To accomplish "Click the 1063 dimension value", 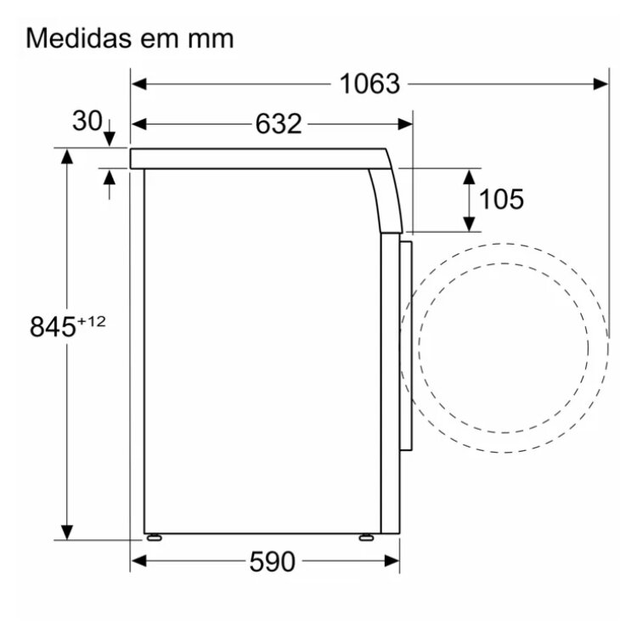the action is (369, 84).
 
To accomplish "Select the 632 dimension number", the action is (279, 124).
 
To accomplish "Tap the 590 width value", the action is (272, 562).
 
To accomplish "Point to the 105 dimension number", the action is (501, 200).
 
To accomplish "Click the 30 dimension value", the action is (87, 121).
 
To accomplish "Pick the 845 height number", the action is (53, 327).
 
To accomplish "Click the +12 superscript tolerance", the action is (92, 321).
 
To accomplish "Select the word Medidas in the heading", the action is (79, 38).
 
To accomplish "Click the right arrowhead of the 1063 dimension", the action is (600, 84).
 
